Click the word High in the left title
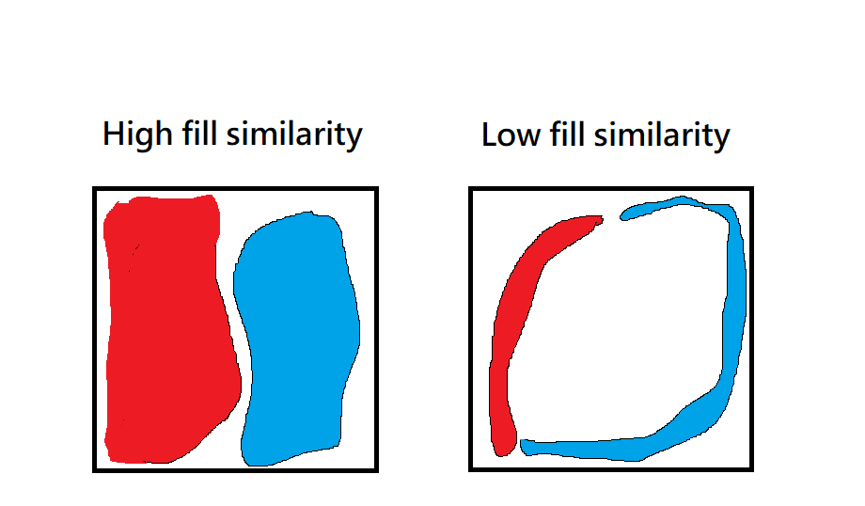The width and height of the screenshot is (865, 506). pos(130,134)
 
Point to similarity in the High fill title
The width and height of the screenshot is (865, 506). pos(294,134)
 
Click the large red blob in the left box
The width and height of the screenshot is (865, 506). pos(165,329)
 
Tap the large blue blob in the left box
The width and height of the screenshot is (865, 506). pos(296,339)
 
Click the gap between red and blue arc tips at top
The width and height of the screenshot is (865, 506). pos(611,218)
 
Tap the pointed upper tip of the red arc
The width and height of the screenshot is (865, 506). pos(598,219)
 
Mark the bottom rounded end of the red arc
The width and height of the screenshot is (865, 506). pos(506,446)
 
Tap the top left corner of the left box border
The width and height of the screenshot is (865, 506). pos(95,189)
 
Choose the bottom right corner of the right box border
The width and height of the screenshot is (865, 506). pos(752,468)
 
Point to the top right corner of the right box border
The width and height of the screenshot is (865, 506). pos(752,189)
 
